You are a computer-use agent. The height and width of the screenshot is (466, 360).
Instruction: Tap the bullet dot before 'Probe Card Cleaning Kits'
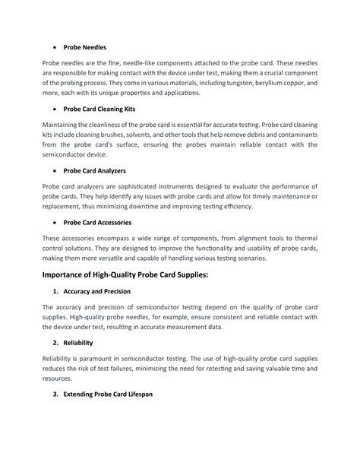[52, 109]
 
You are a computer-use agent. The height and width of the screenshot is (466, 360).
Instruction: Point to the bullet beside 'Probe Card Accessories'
[52, 222]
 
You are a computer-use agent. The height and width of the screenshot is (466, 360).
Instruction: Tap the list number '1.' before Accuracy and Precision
[56, 291]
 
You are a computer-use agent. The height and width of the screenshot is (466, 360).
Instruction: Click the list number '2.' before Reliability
[56, 342]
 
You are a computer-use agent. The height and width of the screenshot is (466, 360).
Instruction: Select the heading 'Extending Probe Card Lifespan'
[109, 395]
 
